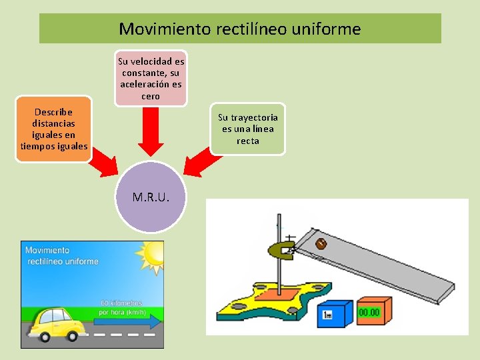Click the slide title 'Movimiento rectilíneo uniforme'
(x=240, y=29)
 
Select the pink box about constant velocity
(x=151, y=79)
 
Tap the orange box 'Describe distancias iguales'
(x=54, y=129)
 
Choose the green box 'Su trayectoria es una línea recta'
(x=247, y=129)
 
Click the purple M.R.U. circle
(x=151, y=197)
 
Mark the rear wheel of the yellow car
(x=45, y=337)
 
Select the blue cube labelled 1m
(x=333, y=313)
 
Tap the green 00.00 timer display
(x=371, y=311)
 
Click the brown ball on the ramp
(x=319, y=243)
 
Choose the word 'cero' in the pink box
(x=151, y=96)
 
